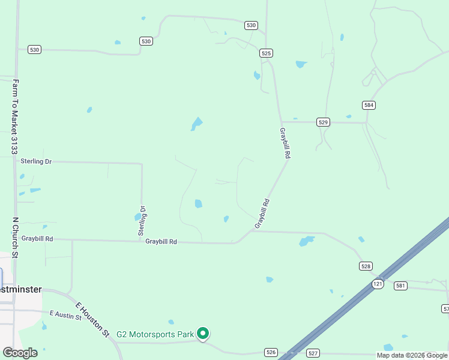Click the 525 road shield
(267, 53)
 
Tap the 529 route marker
(324, 122)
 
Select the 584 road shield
(369, 105)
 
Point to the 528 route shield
(366, 266)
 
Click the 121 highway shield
(377, 284)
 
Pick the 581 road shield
(400, 286)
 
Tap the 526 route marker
(271, 352)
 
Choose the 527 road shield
(313, 353)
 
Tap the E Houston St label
(92, 319)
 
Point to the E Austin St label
(65, 314)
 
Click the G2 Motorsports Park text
(155, 334)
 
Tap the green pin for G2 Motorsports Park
(203, 333)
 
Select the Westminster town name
(20, 289)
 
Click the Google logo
(20, 352)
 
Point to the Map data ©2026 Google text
(412, 356)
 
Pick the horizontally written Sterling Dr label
(36, 161)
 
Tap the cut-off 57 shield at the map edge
(445, 308)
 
